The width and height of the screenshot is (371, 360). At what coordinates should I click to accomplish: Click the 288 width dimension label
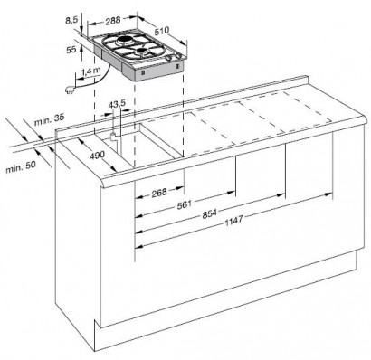(113, 21)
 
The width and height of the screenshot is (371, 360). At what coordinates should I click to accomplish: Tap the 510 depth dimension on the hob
(163, 31)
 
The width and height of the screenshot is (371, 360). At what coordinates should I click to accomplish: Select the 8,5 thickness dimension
(71, 20)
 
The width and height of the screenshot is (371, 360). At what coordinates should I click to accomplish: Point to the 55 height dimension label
(71, 50)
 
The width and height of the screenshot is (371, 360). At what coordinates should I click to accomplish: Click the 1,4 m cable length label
(90, 71)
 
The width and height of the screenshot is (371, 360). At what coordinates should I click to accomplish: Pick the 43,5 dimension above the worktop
(117, 105)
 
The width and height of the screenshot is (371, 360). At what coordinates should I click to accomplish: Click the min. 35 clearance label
(49, 119)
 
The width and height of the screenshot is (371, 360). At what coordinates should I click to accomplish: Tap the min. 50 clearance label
(21, 166)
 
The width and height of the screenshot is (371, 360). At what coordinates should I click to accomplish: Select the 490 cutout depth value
(97, 156)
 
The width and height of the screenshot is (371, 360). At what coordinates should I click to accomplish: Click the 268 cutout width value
(159, 193)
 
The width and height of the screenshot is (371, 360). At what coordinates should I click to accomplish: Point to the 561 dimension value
(185, 204)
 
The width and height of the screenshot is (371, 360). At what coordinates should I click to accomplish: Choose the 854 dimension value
(210, 213)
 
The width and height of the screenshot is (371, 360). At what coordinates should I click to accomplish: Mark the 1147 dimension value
(233, 221)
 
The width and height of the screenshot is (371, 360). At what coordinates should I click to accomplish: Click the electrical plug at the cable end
(69, 90)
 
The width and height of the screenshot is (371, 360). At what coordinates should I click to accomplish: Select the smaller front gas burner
(142, 51)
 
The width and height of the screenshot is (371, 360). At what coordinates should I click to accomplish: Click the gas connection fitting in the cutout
(114, 137)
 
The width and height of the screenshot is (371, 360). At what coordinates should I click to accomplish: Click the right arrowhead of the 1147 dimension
(328, 194)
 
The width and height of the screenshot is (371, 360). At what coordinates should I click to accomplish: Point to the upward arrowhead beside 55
(81, 48)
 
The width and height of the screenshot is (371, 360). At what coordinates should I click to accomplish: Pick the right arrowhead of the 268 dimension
(180, 188)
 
